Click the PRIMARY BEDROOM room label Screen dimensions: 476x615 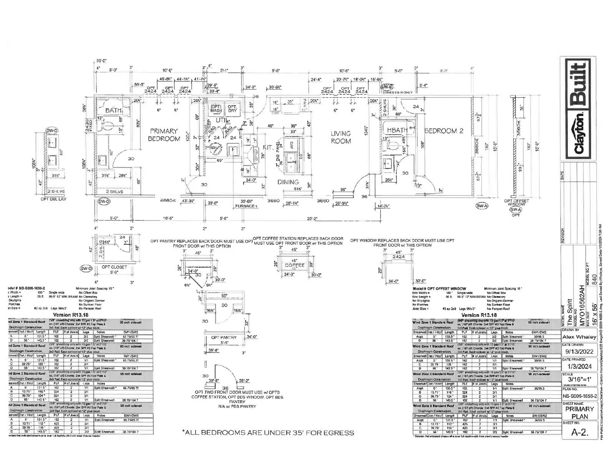point(164,135)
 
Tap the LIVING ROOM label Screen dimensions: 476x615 point(341,137)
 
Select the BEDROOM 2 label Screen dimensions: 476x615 point(444,131)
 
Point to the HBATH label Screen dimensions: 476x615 point(397,130)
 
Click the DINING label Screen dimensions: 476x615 point(288,182)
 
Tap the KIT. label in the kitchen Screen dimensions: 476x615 point(268,147)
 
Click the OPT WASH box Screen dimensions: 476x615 point(216,109)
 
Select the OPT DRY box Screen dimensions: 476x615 point(232,109)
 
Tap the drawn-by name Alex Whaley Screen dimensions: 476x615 point(579,337)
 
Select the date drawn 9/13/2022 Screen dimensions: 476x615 point(579,351)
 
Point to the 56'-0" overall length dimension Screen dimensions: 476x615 point(101,61)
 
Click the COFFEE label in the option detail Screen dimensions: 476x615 point(295,265)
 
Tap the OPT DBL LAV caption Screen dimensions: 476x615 point(53,199)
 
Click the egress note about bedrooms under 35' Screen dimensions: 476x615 point(268,433)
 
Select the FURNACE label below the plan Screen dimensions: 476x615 point(245,206)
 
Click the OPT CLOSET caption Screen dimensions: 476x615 point(114,267)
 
